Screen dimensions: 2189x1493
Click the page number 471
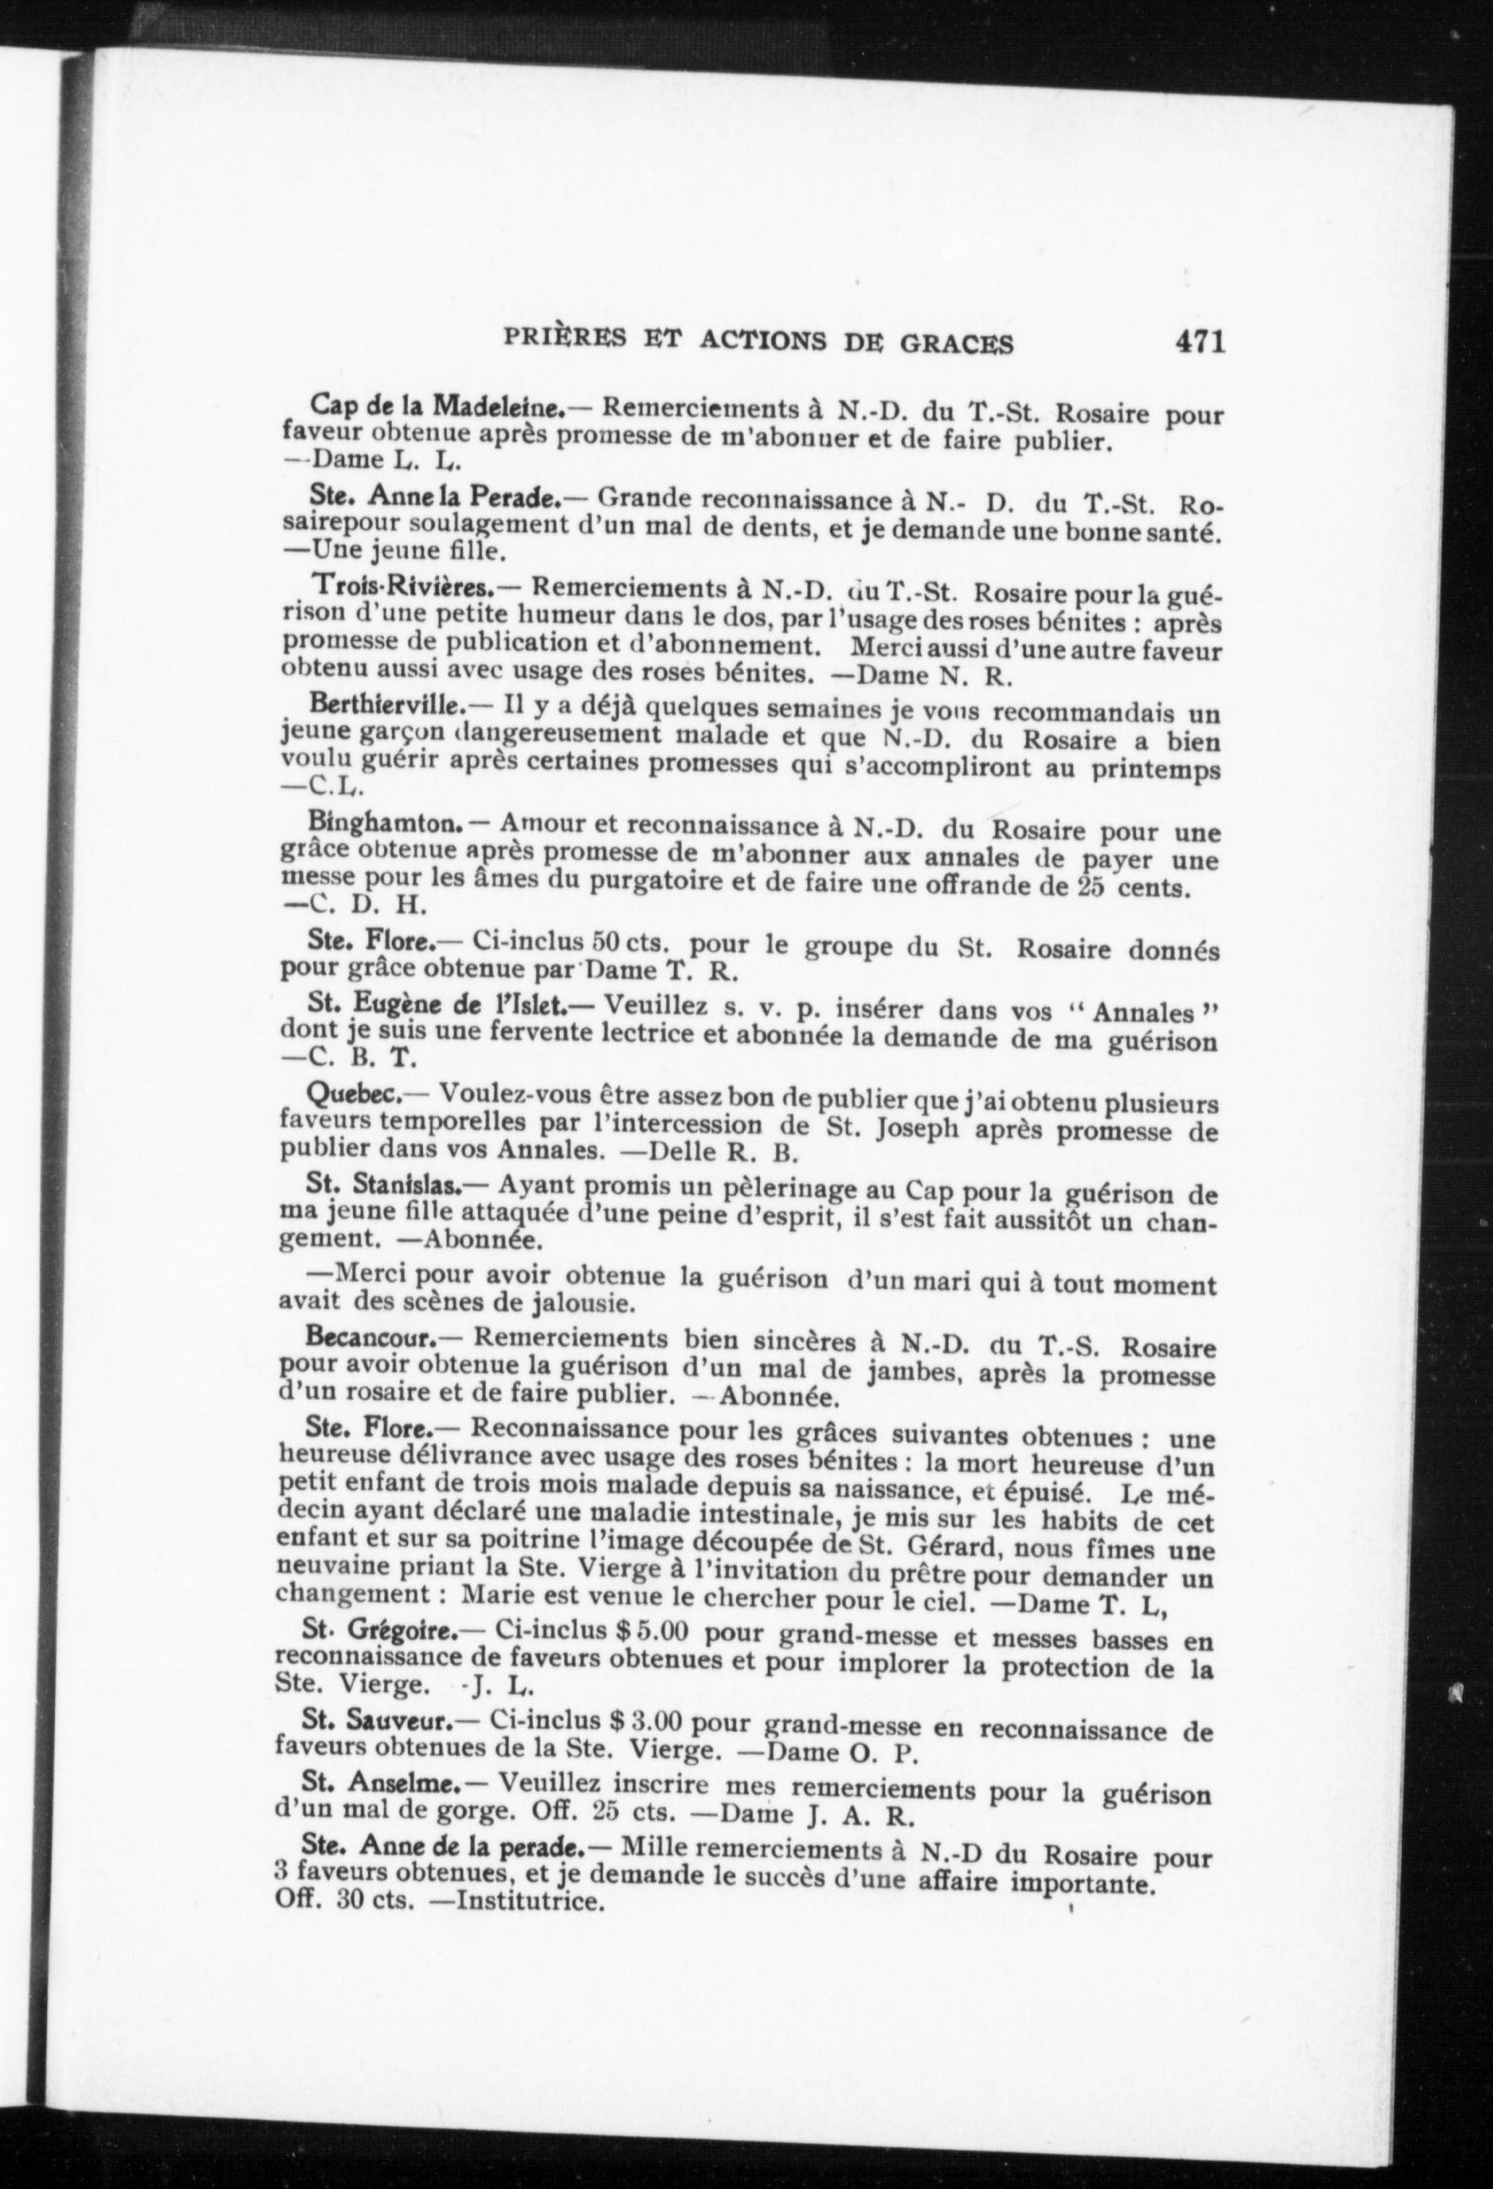point(1198,341)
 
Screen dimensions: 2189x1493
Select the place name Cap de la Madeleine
point(437,407)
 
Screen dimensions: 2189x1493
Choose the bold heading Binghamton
point(383,823)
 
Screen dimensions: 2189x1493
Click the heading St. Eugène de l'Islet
point(435,1005)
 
